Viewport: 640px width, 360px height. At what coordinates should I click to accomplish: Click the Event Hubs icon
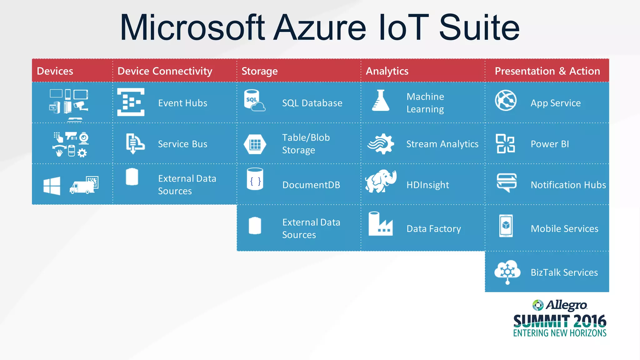pyautogui.click(x=131, y=102)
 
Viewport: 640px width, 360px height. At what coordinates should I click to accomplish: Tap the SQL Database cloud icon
pyautogui.click(x=254, y=101)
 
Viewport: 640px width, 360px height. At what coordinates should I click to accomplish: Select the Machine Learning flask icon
pyautogui.click(x=381, y=101)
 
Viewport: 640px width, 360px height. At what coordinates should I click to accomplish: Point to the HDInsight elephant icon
pyautogui.click(x=381, y=181)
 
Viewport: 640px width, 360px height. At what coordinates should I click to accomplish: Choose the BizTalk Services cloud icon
pyautogui.click(x=507, y=271)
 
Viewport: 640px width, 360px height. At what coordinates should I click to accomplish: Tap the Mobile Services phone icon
pyautogui.click(x=506, y=226)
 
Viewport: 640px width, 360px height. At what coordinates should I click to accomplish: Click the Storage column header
pyautogui.click(x=259, y=71)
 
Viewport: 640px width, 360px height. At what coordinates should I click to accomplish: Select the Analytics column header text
pyautogui.click(x=387, y=71)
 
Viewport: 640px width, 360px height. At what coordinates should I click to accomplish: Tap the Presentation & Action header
pyautogui.click(x=547, y=71)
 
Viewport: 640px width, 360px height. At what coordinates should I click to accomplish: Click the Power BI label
pyautogui.click(x=550, y=144)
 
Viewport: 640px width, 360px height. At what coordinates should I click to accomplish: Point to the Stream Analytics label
pyautogui.click(x=442, y=144)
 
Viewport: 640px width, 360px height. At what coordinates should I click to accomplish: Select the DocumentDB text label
pyautogui.click(x=311, y=185)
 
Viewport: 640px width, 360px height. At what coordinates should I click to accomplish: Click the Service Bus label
pyautogui.click(x=182, y=144)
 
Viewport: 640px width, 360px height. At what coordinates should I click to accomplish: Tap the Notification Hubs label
pyautogui.click(x=568, y=185)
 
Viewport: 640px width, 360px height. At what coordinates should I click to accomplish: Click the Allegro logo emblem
pyautogui.click(x=538, y=305)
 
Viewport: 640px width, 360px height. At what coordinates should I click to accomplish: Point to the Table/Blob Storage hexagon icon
pyautogui.click(x=255, y=144)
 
